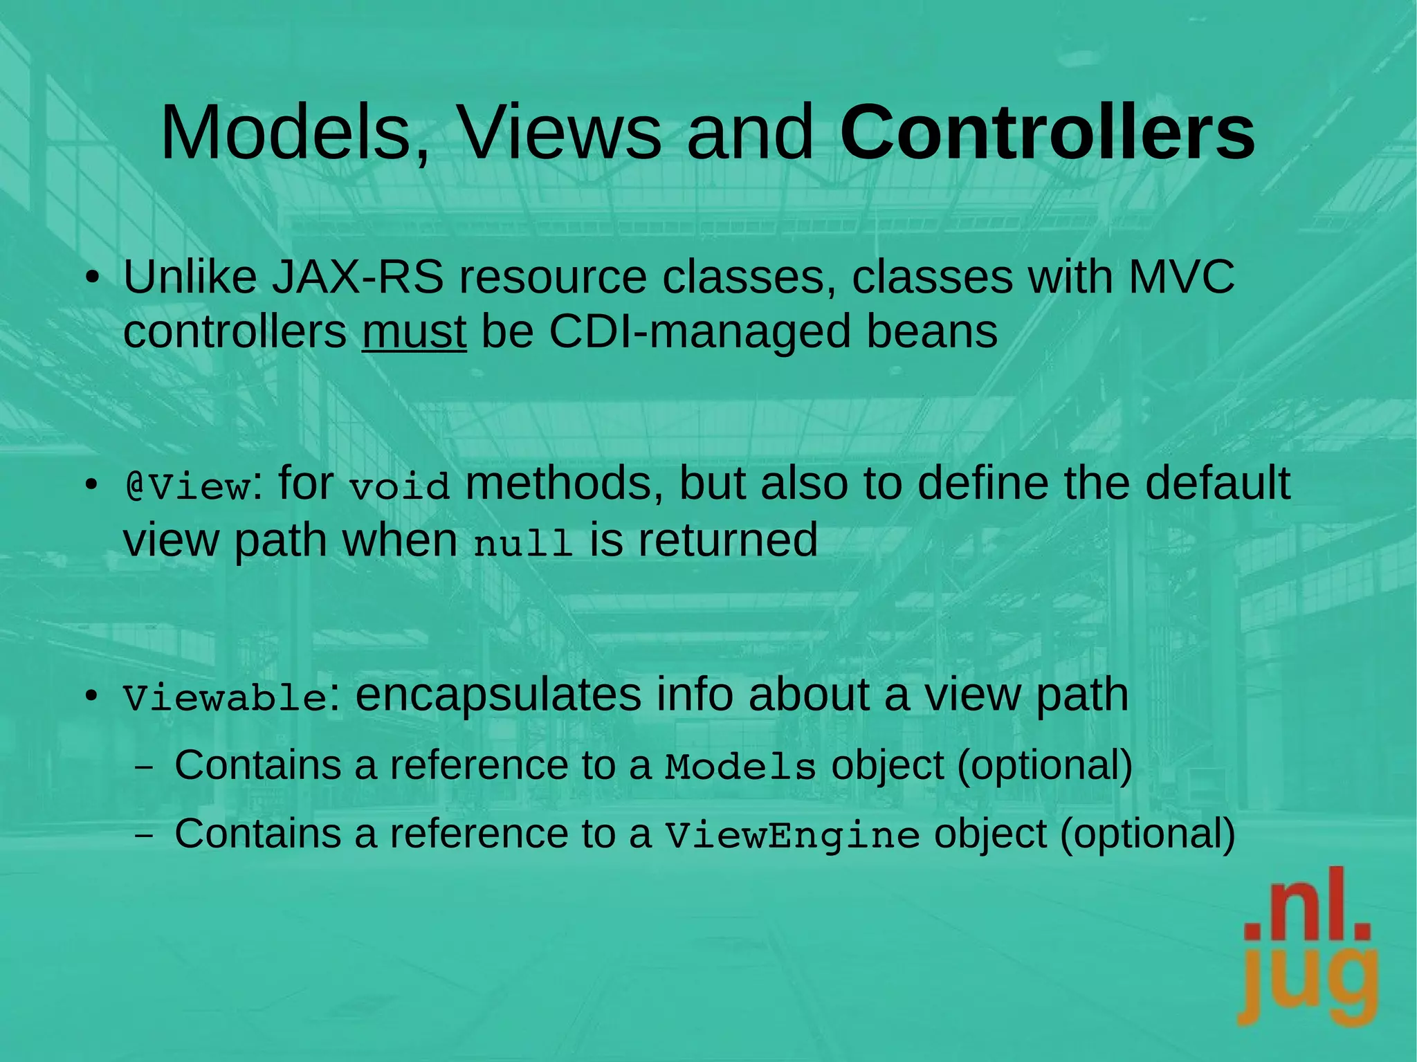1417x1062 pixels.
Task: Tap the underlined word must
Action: coord(414,331)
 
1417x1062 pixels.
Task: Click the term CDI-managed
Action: coord(700,331)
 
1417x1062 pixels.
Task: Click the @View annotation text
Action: coord(188,486)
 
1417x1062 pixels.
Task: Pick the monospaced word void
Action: coord(400,486)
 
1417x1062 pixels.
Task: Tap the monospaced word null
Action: coord(523,543)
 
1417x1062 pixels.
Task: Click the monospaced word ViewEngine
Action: coord(792,836)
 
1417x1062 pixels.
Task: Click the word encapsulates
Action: coord(498,695)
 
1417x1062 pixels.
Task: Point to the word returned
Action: coord(727,540)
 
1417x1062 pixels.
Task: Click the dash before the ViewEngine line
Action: coord(144,836)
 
